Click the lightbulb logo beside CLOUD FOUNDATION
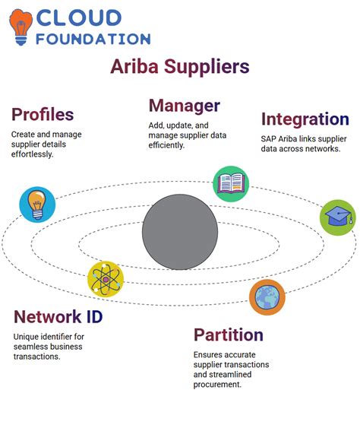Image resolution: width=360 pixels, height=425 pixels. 21,27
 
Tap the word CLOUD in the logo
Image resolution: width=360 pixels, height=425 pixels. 79,18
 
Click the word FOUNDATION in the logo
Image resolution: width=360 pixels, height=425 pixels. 93,39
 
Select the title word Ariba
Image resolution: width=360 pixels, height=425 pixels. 134,66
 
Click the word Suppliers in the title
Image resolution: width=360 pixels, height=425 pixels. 207,67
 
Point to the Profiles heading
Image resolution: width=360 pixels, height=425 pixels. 43,114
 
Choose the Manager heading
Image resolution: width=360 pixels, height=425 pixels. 185,106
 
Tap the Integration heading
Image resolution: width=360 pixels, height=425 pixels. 305,119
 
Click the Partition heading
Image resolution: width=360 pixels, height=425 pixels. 229,335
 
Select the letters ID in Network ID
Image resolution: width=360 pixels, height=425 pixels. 94,316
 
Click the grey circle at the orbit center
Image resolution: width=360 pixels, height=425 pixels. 180,232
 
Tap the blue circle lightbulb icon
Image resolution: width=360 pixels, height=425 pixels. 37,205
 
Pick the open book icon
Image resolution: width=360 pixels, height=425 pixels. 231,184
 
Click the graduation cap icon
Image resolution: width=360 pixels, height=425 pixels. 338,217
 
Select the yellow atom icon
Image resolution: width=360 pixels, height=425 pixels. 106,279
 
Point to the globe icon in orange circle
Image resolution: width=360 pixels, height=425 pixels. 267,297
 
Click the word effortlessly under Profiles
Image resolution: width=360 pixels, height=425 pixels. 32,154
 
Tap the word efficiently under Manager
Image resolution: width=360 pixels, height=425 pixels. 166,145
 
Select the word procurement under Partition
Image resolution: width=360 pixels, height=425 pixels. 217,385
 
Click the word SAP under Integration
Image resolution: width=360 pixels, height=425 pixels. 268,139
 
